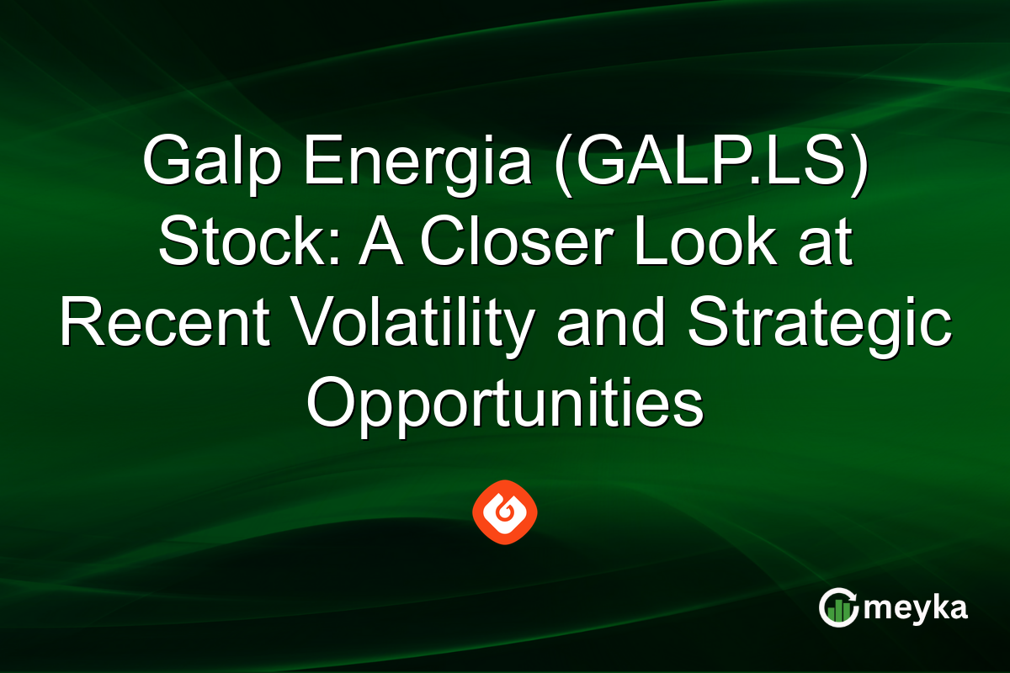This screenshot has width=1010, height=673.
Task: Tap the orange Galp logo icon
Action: click(505, 511)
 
